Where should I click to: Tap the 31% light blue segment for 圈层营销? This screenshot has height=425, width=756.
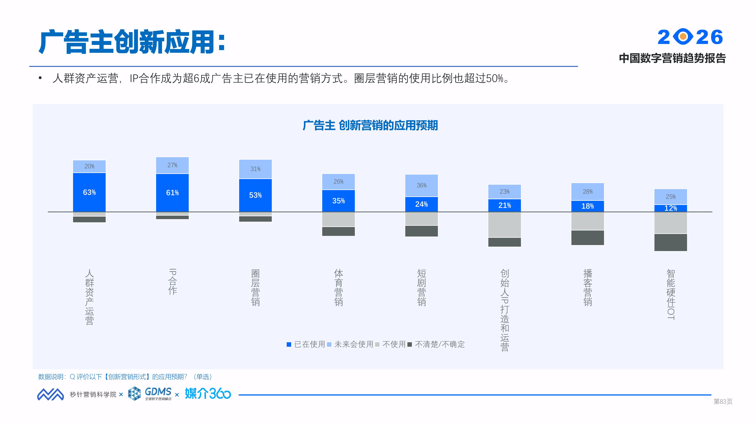coord(255,169)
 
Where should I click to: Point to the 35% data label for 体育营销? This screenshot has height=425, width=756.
coord(338,201)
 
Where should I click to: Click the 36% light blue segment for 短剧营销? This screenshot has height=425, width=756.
coord(421,185)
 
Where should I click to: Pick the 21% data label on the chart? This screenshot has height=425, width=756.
coord(504,205)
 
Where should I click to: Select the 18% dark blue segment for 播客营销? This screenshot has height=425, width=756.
coord(588,206)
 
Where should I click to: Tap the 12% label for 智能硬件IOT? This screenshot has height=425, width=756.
coord(671,208)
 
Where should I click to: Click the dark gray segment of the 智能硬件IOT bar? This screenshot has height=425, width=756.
coord(671,242)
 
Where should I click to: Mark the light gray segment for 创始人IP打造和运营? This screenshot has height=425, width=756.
coord(504,224)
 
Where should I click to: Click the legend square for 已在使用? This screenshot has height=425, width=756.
coord(289,344)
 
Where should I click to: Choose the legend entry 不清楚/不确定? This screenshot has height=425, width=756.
coord(440,344)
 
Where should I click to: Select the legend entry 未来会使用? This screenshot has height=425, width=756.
coord(354,344)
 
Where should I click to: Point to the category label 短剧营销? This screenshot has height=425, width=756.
coord(421,287)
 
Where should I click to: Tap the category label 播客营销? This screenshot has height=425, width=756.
coord(588,287)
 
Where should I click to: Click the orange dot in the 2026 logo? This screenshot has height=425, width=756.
coord(683,37)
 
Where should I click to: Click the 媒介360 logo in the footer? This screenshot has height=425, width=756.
coord(208,394)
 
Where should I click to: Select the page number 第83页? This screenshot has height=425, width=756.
coord(723,402)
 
